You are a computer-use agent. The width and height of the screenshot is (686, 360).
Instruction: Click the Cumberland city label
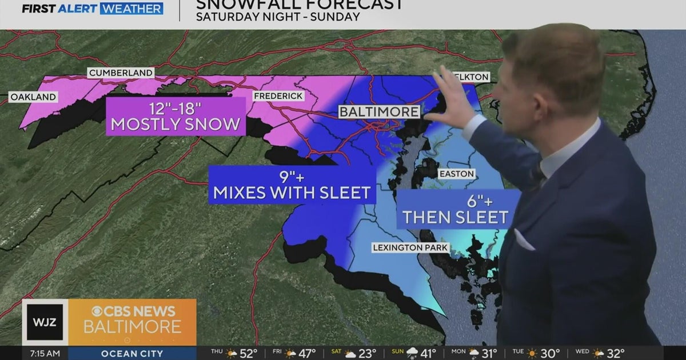[120, 73]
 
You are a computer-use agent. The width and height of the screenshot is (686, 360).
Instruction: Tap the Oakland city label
[34, 97]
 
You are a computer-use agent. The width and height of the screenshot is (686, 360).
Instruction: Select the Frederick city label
[278, 96]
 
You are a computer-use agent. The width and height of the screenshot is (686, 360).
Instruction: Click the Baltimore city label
[379, 111]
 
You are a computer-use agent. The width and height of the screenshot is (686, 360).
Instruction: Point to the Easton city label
[456, 174]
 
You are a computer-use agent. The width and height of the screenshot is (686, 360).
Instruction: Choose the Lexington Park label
[410, 247]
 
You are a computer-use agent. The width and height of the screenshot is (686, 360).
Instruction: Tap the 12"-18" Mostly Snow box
[176, 116]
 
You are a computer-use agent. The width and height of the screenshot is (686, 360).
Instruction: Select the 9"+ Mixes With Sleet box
[292, 184]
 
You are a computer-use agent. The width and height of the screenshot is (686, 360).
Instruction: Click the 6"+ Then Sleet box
[456, 209]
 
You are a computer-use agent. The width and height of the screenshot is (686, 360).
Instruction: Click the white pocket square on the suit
[523, 240]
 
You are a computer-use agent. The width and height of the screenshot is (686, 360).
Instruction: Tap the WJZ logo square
[45, 322]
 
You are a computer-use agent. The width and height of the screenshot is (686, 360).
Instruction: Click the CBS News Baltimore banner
[133, 322]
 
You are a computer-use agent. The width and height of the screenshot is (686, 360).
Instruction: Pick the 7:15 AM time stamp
[45, 353]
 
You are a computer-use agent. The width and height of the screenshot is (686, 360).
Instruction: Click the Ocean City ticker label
[132, 353]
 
